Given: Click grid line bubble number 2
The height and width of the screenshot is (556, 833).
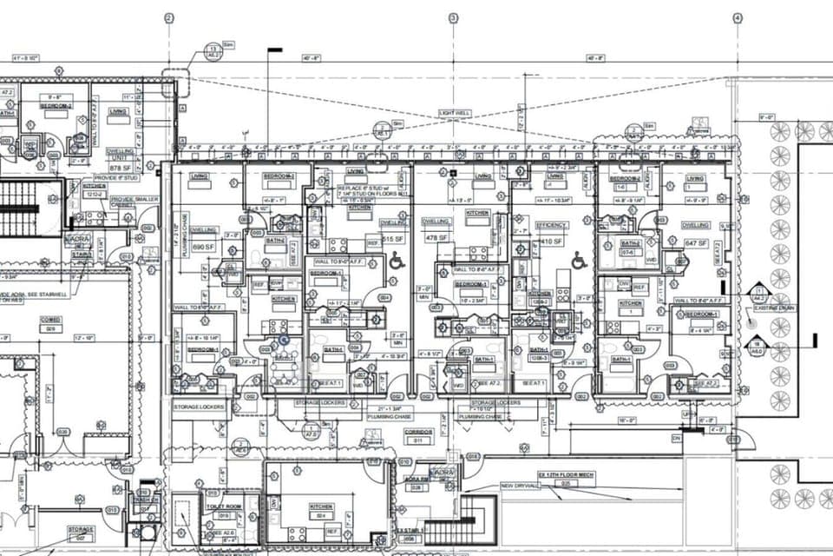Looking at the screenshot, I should coord(169,17).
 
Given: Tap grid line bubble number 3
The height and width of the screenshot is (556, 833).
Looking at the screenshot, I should coord(453,17).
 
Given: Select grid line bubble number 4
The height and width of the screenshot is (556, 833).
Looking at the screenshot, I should coord(737,17).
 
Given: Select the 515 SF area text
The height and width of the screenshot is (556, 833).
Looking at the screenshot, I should coord(394,238).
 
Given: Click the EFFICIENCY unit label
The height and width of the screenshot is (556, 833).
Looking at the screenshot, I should coord(553,225).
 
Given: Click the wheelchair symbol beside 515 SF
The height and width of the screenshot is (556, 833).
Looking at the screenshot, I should coord(397,259).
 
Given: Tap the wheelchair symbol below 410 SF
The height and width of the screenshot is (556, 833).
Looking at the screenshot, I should coord(579,259).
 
